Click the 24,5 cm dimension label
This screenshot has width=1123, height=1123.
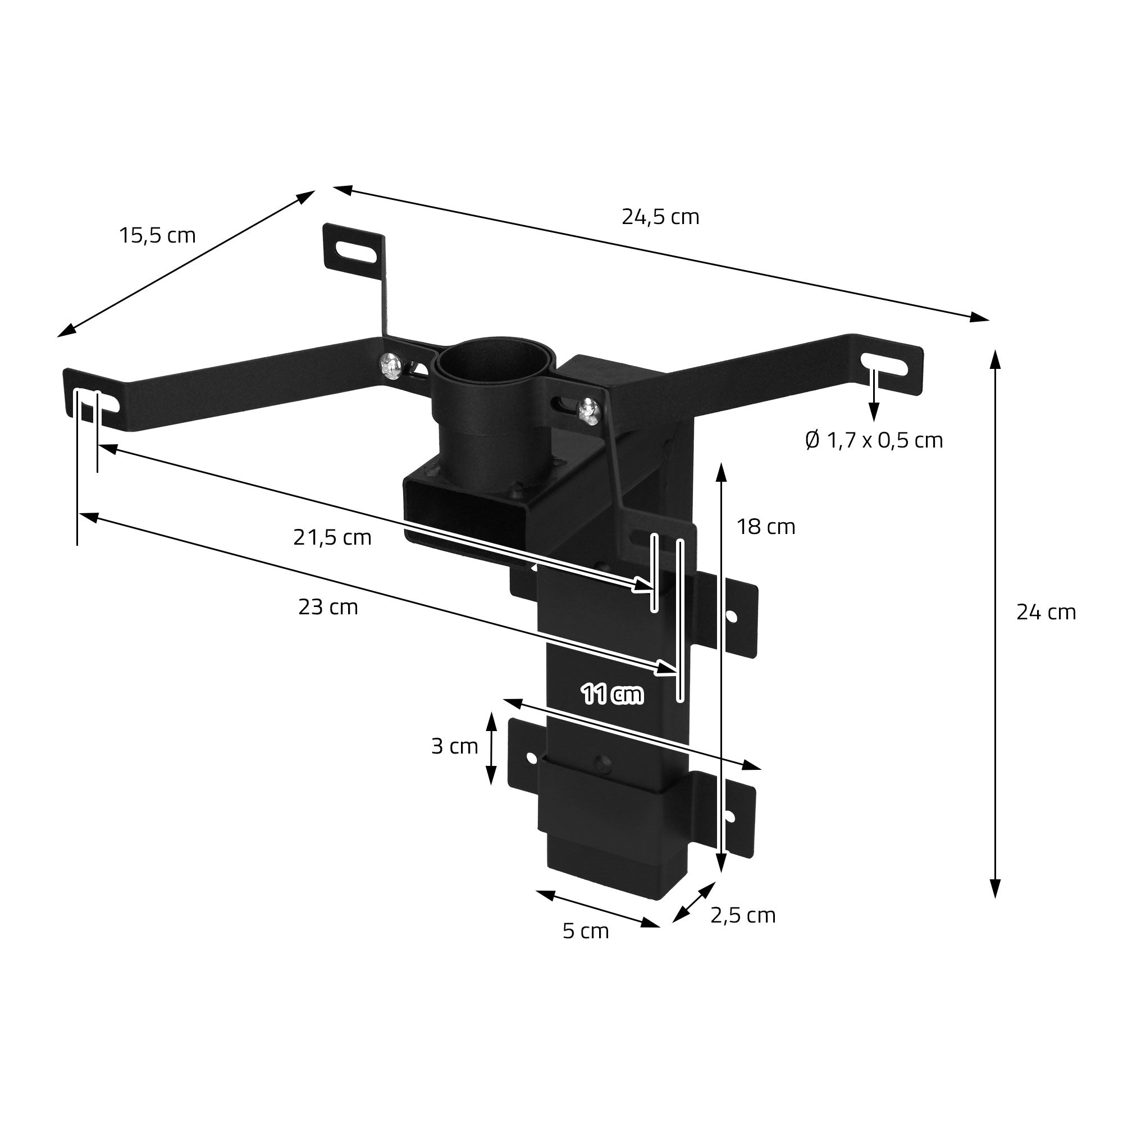click(660, 217)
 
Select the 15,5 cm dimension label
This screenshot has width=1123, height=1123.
click(158, 236)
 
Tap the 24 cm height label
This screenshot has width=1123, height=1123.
click(1046, 612)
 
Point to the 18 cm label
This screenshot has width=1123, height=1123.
click(766, 527)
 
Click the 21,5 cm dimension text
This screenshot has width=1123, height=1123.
click(332, 538)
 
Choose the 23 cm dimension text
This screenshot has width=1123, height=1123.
click(328, 608)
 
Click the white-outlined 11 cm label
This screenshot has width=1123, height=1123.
click(612, 695)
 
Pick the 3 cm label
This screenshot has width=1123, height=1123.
click(455, 746)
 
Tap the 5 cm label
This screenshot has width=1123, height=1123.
click(586, 931)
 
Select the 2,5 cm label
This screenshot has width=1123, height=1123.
click(743, 915)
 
